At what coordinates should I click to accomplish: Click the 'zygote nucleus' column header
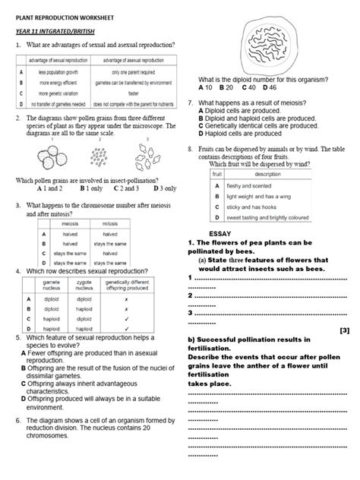point(84,284)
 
